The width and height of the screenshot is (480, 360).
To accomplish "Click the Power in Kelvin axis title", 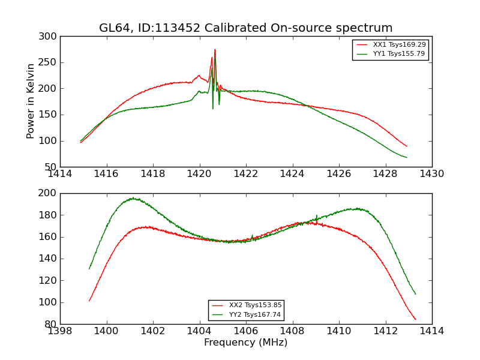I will [x=31, y=101].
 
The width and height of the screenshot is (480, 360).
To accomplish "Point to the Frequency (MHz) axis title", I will [x=245, y=343].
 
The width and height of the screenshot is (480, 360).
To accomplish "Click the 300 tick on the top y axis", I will [x=50, y=37].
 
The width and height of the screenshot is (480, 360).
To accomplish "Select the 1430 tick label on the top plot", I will [x=431, y=174].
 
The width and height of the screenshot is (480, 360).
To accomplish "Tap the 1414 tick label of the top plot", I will [x=60, y=174].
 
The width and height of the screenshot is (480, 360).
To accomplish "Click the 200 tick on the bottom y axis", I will [x=50, y=193].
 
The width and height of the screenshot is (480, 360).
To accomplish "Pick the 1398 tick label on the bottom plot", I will [x=60, y=331].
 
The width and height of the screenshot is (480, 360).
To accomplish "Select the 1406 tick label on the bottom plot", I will [x=245, y=331].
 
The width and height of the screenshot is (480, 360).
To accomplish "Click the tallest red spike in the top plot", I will [x=215, y=50].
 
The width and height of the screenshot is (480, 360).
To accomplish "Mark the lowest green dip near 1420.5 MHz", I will [x=212, y=108].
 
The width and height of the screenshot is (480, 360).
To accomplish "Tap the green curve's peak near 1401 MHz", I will [x=133, y=198].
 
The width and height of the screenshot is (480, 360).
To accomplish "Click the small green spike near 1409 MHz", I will [x=316, y=215].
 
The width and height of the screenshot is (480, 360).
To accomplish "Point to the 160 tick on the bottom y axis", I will [x=50, y=237].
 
